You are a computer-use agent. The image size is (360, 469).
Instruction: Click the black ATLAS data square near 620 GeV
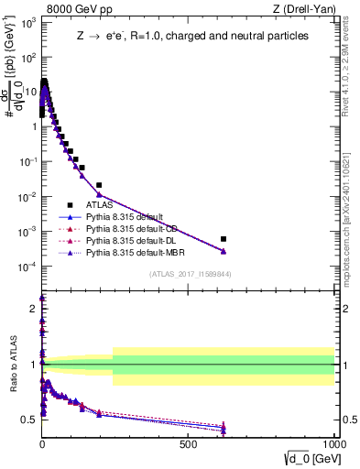(x=224, y=239)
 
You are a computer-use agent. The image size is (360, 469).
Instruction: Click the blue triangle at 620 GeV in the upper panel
(x=224, y=251)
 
